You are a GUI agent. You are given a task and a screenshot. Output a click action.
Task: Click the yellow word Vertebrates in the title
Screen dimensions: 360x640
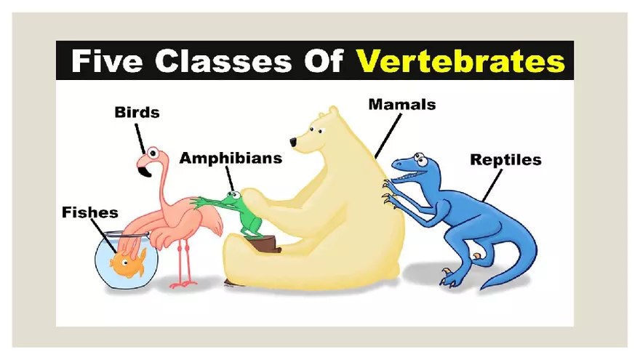click(x=460, y=60)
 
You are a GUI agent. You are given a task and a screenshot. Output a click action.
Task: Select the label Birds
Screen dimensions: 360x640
click(x=137, y=112)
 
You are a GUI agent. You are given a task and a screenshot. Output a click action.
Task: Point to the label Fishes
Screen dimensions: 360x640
click(x=89, y=213)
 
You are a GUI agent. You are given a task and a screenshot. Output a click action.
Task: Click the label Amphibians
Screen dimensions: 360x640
click(x=231, y=158)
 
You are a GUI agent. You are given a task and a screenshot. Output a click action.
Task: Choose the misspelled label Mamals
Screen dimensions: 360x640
click(x=402, y=104)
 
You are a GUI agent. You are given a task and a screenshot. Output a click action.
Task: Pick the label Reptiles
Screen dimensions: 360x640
click(x=505, y=159)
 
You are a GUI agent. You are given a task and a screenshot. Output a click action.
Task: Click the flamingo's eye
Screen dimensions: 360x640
click(x=153, y=152)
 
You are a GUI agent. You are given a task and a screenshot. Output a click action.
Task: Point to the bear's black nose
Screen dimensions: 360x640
click(x=292, y=141)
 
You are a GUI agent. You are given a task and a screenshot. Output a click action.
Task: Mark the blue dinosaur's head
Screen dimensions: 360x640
click(x=412, y=167)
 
